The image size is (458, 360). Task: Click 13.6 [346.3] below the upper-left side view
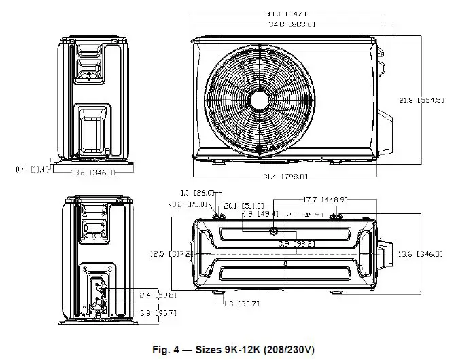coord(93,172)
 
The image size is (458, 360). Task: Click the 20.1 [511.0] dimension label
coord(243,205)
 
